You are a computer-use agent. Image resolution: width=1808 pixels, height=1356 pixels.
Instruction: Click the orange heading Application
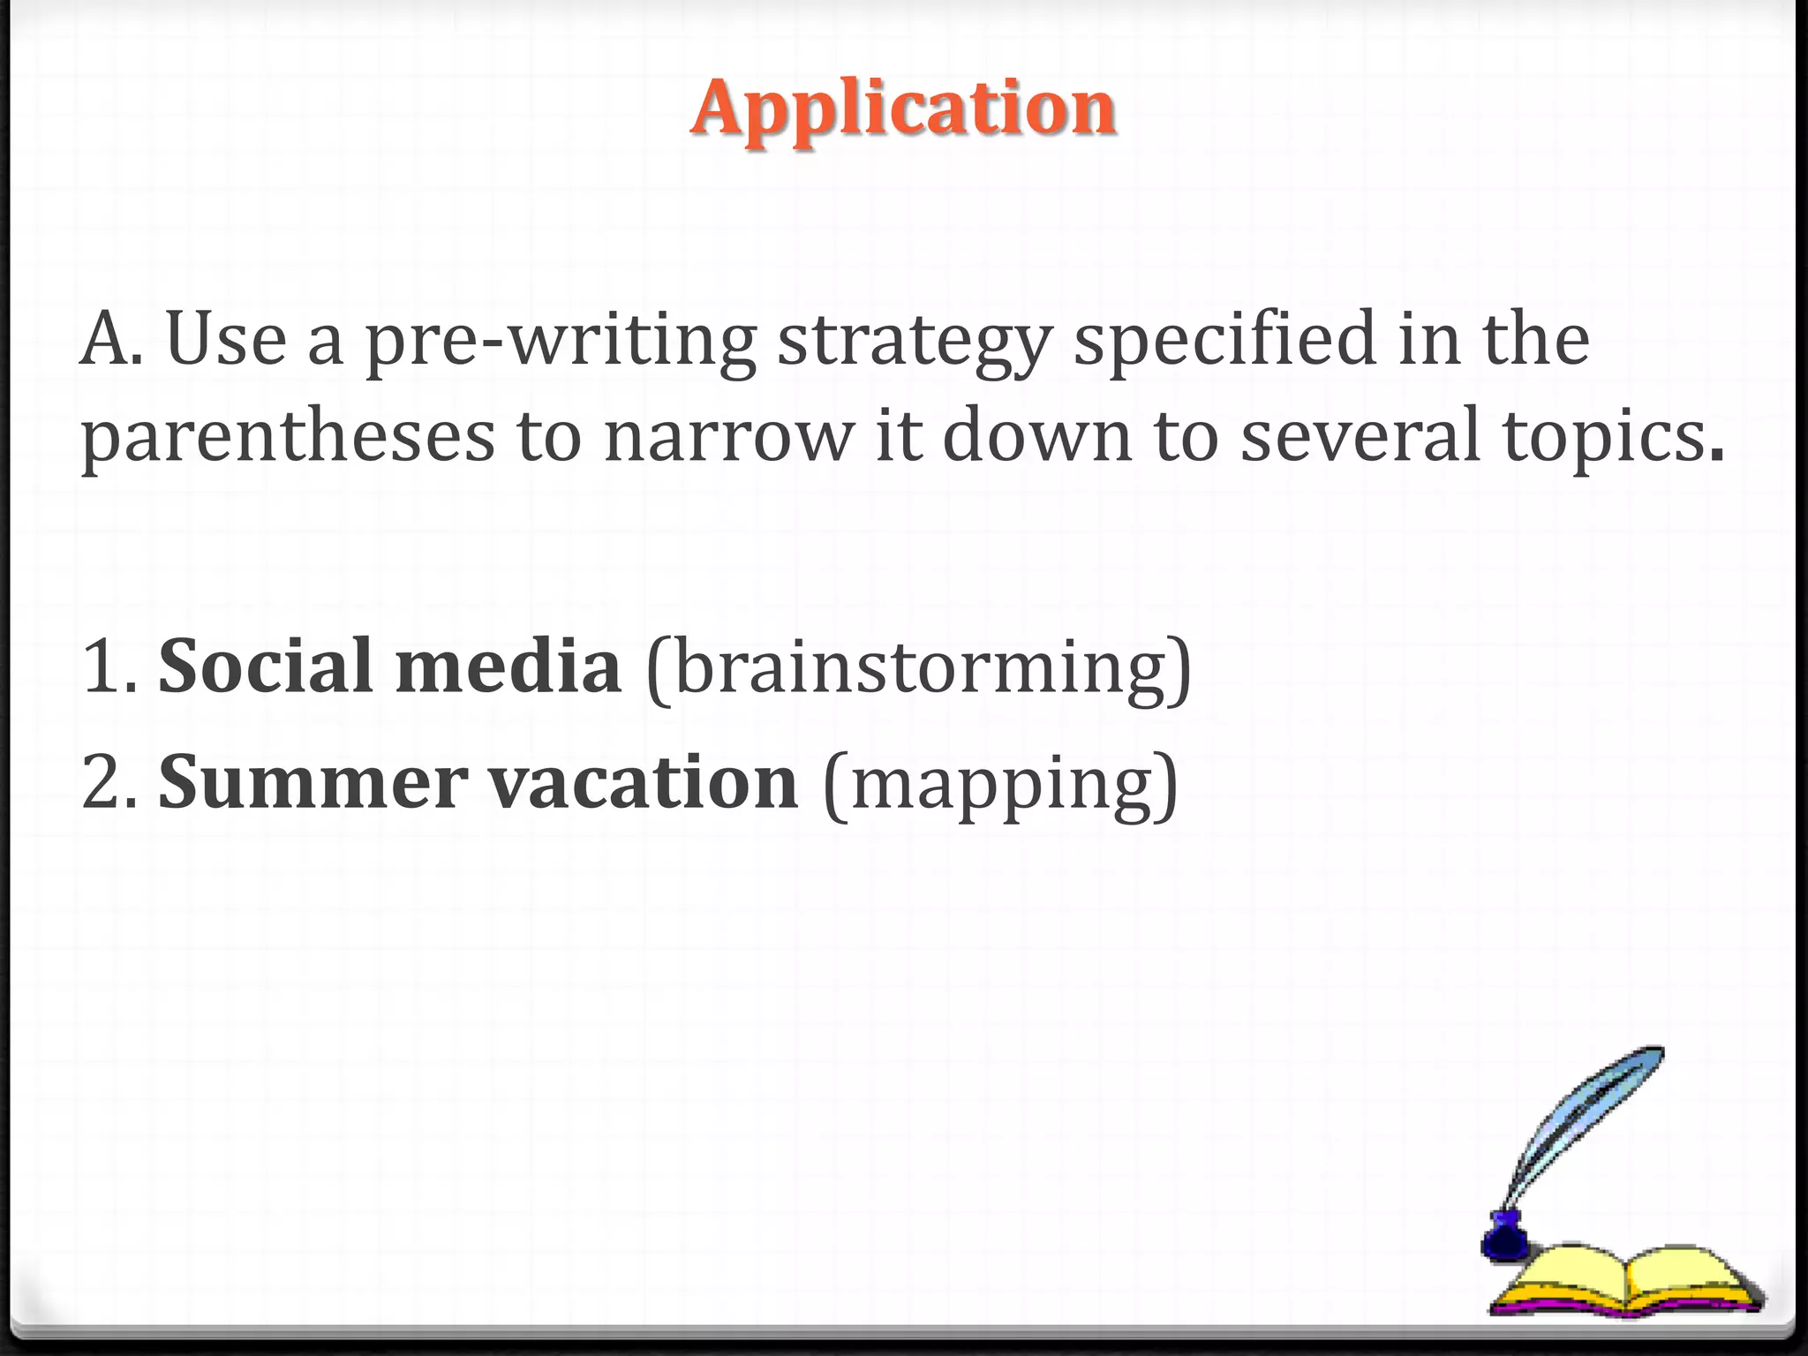click(903, 108)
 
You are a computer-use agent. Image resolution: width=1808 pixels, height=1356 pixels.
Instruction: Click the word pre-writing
click(561, 340)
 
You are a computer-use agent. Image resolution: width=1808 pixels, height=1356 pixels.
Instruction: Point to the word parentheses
click(287, 437)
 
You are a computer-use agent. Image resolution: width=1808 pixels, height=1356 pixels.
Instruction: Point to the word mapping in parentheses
click(1000, 785)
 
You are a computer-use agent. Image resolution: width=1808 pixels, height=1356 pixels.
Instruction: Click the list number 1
click(104, 667)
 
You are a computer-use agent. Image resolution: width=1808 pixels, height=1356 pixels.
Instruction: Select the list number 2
click(104, 783)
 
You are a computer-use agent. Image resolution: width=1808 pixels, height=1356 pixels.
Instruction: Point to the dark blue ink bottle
click(1504, 1236)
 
